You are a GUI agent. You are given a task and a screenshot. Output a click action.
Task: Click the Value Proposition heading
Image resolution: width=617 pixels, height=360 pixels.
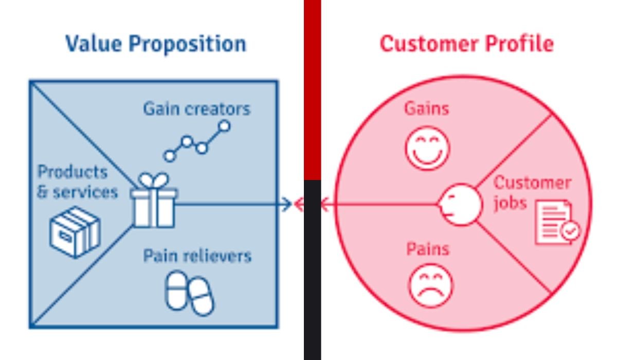(x=156, y=44)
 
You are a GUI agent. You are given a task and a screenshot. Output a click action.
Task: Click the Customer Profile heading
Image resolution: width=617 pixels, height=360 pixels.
(x=466, y=44)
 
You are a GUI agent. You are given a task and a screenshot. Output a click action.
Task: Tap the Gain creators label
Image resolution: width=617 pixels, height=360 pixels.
(x=196, y=109)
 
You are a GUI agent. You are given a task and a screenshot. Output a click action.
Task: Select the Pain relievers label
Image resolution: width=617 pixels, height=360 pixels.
(x=197, y=256)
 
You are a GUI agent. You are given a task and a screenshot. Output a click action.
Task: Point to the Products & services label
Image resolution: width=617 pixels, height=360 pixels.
(x=77, y=182)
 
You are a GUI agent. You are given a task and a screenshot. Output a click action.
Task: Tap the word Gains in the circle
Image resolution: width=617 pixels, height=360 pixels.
(x=426, y=109)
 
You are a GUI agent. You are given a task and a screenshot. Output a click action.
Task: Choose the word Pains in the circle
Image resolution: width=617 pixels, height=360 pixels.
(x=428, y=249)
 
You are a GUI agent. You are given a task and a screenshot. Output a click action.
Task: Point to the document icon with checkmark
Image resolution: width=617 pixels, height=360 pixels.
(x=557, y=223)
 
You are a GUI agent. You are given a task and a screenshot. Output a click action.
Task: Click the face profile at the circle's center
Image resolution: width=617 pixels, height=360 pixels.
(x=460, y=205)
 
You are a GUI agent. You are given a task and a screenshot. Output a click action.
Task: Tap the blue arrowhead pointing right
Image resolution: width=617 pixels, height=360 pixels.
(x=286, y=205)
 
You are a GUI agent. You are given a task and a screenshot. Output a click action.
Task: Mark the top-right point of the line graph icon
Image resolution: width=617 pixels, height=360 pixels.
(x=224, y=125)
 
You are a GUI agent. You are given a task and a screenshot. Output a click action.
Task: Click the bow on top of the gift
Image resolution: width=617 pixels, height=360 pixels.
(x=154, y=181)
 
